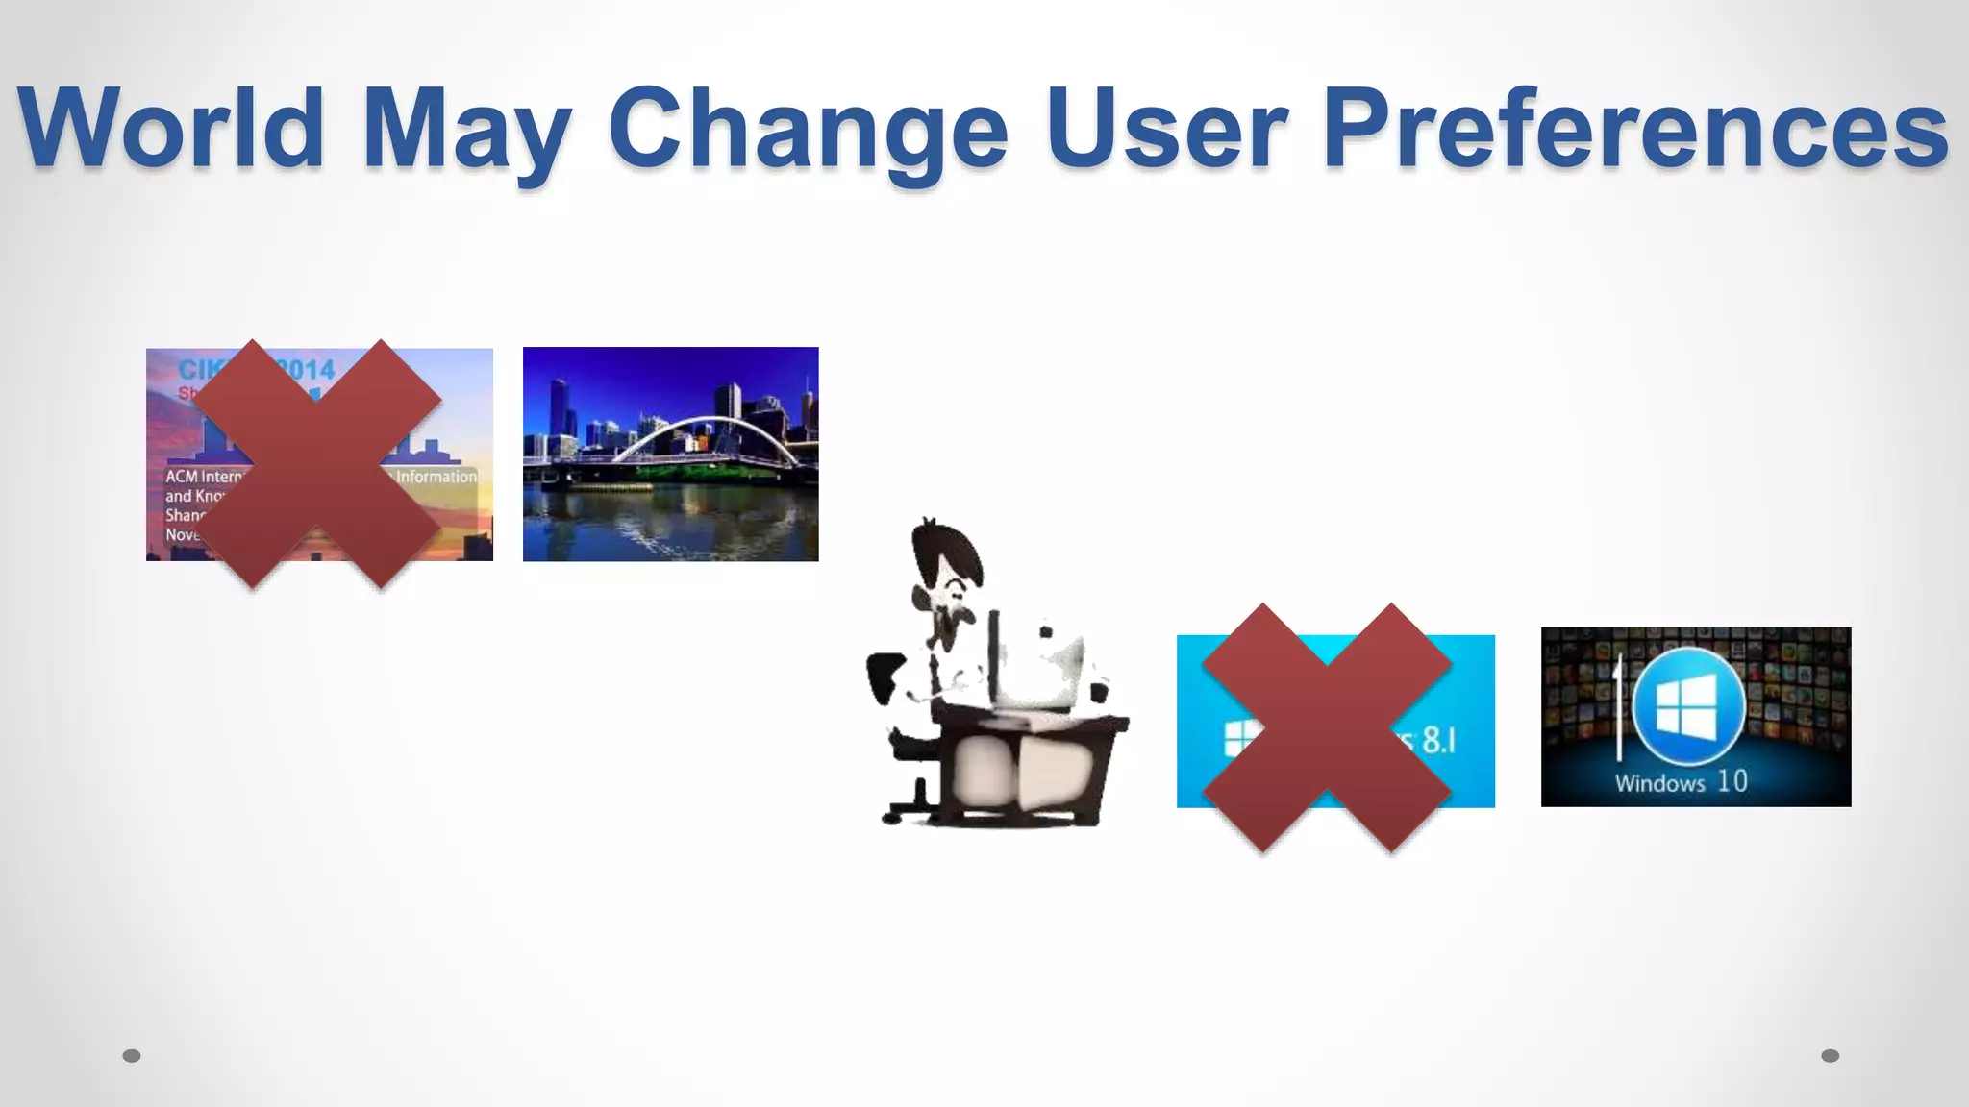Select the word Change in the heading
point(808,130)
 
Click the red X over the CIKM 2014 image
point(317,463)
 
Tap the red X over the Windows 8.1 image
point(1326,726)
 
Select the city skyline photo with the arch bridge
point(670,454)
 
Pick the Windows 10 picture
point(1695,717)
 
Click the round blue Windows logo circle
point(1688,704)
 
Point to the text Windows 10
point(1681,782)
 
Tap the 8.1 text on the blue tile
point(1438,740)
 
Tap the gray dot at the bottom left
point(132,1056)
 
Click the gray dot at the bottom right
point(1831,1056)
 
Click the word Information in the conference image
point(436,477)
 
